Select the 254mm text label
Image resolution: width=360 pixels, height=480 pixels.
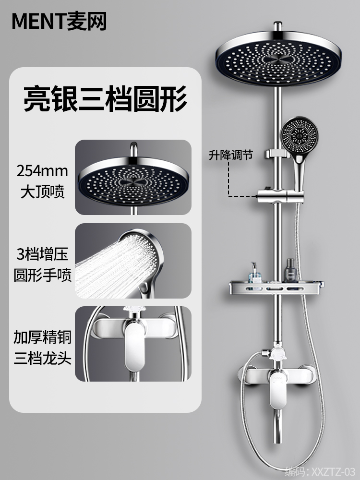pyautogui.click(x=42, y=170)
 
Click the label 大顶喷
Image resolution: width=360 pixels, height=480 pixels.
pyautogui.click(x=42, y=192)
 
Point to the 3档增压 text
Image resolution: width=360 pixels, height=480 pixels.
pyautogui.click(x=42, y=253)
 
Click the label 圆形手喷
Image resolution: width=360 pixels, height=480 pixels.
pyautogui.click(x=42, y=276)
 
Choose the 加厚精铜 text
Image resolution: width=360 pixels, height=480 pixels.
pyautogui.click(x=42, y=337)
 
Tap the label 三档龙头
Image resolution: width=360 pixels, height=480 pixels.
pyautogui.click(x=42, y=359)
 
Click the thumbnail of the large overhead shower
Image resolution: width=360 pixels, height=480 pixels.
pyautogui.click(x=133, y=177)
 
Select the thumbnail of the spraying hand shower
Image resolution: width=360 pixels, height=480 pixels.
pyautogui.click(x=133, y=261)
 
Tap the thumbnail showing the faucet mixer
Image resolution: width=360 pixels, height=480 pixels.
pyautogui.click(x=133, y=344)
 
